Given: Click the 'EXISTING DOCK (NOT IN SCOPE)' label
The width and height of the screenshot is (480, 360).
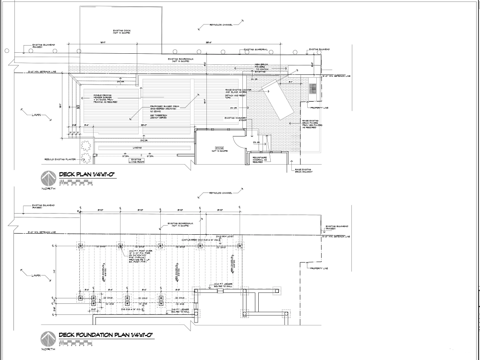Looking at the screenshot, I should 121,32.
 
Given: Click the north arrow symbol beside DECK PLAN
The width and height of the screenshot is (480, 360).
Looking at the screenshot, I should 48,178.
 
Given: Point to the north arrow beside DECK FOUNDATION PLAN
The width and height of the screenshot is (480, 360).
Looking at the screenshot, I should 48,338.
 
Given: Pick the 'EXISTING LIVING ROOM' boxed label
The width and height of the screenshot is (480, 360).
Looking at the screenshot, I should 137,161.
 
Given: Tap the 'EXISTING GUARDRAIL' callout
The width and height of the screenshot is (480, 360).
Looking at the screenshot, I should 255,49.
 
